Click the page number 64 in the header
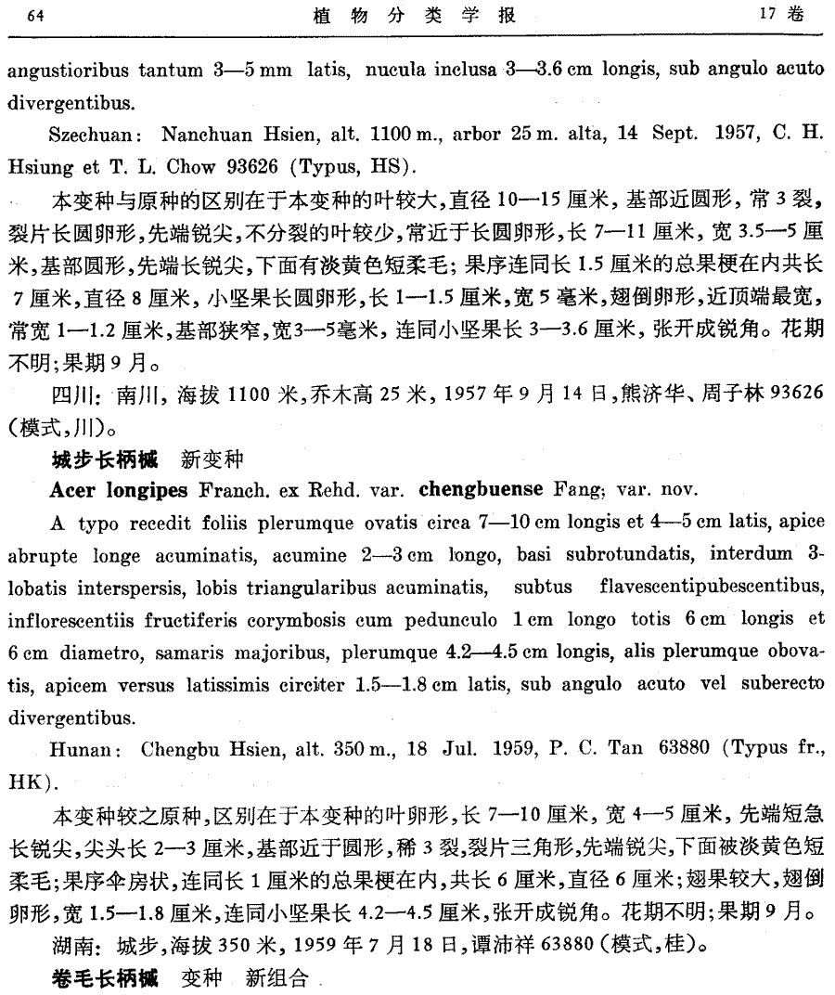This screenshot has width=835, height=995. tap(37, 17)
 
